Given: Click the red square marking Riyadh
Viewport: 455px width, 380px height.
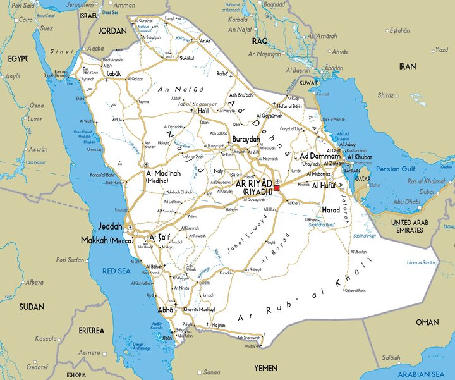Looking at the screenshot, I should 277,188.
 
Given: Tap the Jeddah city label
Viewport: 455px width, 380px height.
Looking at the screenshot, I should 111,226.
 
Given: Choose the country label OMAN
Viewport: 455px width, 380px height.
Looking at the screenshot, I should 427,322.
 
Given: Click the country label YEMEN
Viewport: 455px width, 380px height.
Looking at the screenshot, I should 265,367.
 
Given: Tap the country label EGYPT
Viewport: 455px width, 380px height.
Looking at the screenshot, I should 18,58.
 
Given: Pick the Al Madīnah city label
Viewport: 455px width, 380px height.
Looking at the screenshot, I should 164,173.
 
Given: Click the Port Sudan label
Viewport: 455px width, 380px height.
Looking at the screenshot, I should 71,259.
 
